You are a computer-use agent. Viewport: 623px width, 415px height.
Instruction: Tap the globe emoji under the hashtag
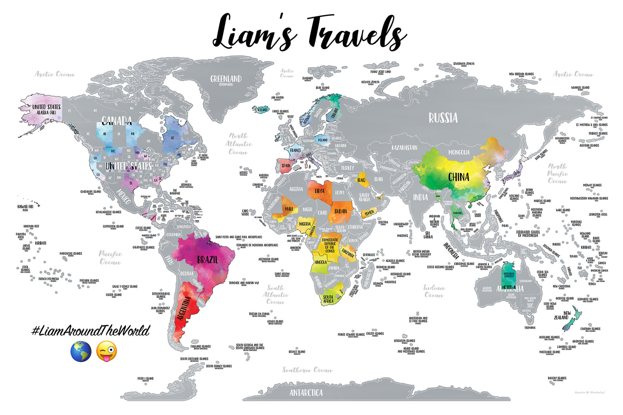81,351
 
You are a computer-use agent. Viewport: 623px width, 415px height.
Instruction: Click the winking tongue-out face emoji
106,351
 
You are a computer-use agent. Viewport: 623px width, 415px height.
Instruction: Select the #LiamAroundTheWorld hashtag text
91,331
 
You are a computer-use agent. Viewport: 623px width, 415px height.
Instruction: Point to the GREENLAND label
226,80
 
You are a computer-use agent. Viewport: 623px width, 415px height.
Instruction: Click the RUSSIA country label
443,118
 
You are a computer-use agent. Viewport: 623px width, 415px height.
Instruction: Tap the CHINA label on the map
458,177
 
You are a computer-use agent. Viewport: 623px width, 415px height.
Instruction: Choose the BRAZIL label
207,260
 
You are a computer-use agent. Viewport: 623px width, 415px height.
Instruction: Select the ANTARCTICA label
306,393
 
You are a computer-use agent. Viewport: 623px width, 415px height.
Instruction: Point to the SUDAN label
341,211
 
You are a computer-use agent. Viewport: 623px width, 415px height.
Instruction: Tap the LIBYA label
319,191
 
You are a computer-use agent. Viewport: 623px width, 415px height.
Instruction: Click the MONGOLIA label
459,152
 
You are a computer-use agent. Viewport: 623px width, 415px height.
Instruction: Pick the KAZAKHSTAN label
404,147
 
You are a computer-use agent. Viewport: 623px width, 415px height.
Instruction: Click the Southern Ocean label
307,370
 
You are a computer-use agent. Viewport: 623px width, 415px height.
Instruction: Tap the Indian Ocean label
434,291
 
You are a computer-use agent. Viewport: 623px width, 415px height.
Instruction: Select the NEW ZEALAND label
562,315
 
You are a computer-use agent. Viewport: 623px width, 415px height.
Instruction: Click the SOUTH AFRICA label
328,299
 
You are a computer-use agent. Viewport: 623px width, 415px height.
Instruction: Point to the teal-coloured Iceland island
260,109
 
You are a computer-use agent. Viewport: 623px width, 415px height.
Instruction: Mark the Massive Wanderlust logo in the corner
590,393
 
